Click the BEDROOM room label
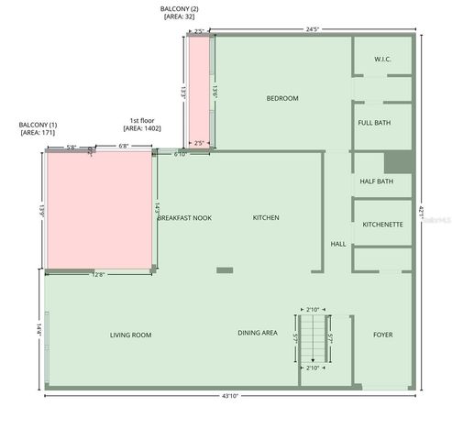coord(282,98)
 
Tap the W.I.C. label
coord(382,60)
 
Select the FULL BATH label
coord(374,122)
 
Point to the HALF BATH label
coord(376,181)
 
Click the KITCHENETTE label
coord(382,224)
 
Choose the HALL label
coord(337,244)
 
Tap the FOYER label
coord(382,335)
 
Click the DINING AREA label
coord(258,333)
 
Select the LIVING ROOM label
coord(130,335)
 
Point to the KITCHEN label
coord(266,217)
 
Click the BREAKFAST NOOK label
coord(184,217)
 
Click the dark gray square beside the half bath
coord(396,161)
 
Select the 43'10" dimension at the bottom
coord(229,396)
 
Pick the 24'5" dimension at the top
coord(313,29)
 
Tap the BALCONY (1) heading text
coord(39,124)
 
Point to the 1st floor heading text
coord(141,120)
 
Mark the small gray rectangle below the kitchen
coord(225,269)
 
